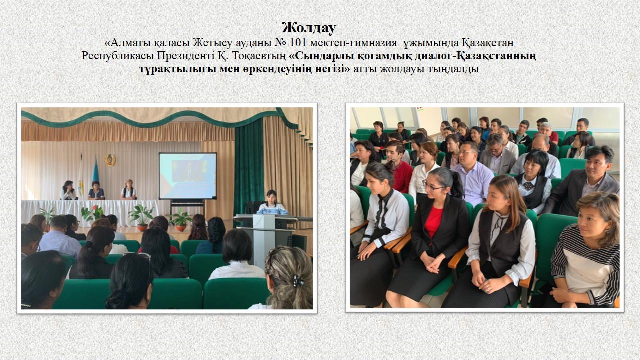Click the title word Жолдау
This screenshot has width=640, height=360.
309,28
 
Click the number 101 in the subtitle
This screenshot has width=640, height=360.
298,43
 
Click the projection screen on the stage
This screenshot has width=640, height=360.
188,176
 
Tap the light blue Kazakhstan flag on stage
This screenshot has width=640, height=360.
95,171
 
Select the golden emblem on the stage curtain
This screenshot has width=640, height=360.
110,160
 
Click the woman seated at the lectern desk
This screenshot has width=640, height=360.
272,203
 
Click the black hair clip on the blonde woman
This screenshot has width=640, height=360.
298,281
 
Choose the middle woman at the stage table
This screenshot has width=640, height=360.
96,190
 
